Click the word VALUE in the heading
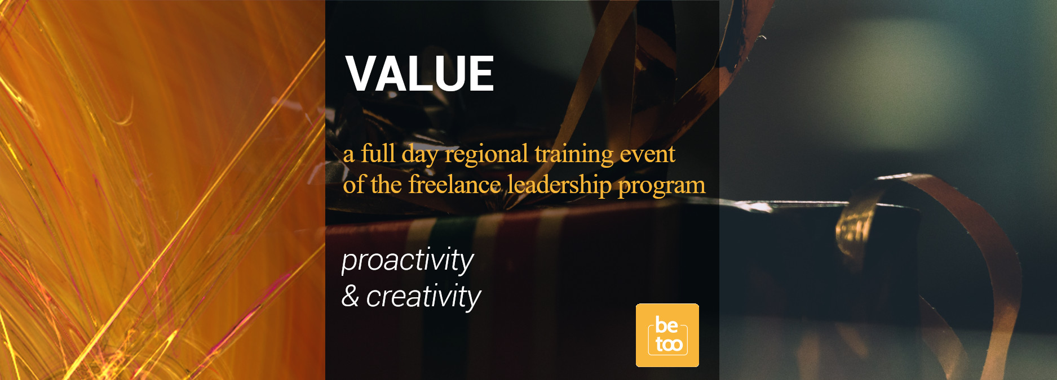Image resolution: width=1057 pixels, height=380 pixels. [420, 73]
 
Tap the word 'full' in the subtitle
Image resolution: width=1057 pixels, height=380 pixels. [378, 153]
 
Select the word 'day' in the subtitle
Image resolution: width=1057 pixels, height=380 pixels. [420, 155]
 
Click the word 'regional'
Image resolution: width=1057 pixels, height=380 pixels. [487, 155]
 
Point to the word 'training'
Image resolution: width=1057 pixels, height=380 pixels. [574, 155]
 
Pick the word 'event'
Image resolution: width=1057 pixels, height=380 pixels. [647, 155]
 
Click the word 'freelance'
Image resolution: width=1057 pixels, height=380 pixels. [454, 185]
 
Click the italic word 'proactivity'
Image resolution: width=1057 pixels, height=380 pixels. [408, 261]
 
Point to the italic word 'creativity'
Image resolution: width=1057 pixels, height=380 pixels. [423, 297]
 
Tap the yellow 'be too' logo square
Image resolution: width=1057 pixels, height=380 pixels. [667, 336]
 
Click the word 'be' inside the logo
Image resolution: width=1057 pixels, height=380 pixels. [666, 325]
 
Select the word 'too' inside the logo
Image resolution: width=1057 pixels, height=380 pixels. [669, 345]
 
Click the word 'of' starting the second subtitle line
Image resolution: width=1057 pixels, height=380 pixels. [353, 185]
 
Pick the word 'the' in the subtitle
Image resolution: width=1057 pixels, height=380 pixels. [386, 185]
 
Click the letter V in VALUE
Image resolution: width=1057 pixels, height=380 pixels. [361, 73]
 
